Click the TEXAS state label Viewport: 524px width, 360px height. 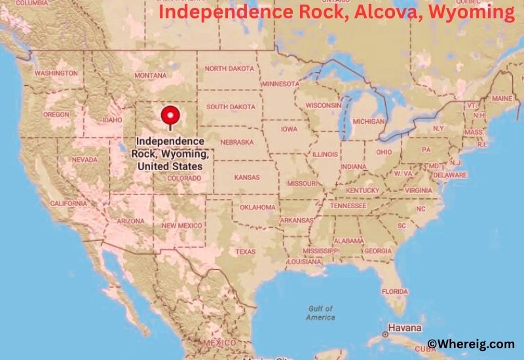(246, 251)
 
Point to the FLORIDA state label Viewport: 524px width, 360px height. (394, 291)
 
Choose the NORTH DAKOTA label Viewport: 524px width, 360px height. (229, 68)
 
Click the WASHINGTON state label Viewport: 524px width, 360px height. (56, 73)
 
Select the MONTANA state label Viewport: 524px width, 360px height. (151, 76)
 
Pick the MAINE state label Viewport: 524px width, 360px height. (502, 98)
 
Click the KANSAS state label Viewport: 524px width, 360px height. (246, 177)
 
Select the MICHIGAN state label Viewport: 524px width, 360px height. (369, 121)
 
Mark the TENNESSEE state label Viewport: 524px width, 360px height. (348, 205)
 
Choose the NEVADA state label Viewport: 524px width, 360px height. (85, 160)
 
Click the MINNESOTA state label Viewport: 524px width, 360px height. (280, 84)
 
